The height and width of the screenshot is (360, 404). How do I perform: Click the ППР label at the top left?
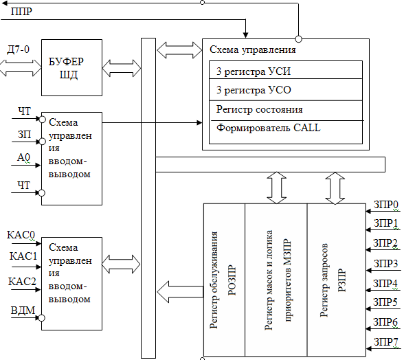[x=21, y=12]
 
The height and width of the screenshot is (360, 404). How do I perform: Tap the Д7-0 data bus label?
[x=18, y=49]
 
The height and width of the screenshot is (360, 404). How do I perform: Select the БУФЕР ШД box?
[x=71, y=67]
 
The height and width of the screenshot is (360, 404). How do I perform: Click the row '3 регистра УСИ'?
[x=286, y=70]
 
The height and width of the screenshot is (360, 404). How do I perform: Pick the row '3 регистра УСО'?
[x=286, y=90]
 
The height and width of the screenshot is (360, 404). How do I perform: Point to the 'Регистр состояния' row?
[x=286, y=111]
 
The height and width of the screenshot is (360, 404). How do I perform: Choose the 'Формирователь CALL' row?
[x=286, y=132]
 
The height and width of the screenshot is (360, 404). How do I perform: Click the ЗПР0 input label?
[x=385, y=205]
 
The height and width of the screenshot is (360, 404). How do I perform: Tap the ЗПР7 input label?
[x=385, y=342]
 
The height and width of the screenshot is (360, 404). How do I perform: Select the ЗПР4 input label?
[x=385, y=284]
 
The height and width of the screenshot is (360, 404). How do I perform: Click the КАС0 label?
[x=21, y=235]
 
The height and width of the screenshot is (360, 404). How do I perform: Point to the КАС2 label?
[x=22, y=282]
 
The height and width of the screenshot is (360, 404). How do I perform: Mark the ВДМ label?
[x=23, y=311]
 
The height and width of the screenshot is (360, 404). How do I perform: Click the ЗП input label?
[x=24, y=135]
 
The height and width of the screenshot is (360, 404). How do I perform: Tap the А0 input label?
[x=23, y=157]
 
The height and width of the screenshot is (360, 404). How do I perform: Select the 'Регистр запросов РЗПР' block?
[x=337, y=280]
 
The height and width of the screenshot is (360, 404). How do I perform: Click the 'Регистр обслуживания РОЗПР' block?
[x=224, y=280]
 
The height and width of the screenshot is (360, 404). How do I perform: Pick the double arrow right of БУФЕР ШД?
[x=122, y=68]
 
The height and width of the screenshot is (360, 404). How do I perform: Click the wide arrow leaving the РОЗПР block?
[x=180, y=292]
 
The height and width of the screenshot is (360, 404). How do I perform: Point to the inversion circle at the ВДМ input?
[x=41, y=318]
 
